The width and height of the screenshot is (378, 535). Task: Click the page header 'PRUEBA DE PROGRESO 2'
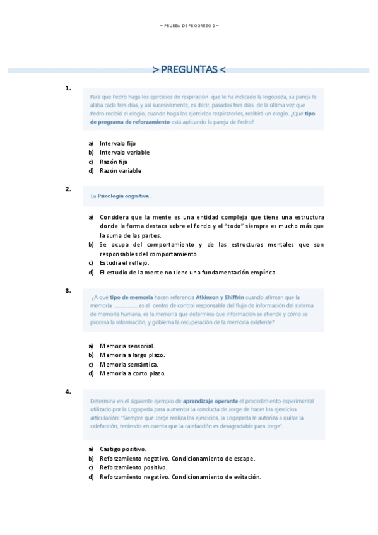189,25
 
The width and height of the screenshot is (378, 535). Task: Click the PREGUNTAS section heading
189,69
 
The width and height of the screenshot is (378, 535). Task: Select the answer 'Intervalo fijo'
117,143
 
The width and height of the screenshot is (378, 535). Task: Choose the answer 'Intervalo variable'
124,152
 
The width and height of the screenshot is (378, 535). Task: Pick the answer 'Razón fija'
114,162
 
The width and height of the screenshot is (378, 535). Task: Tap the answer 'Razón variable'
121,170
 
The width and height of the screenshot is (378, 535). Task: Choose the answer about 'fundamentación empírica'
188,273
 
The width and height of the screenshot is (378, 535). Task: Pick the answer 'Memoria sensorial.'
127,346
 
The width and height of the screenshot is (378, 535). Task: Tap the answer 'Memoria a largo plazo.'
132,355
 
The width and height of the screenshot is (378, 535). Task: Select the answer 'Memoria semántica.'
128,364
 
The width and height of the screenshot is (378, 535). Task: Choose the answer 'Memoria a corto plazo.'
133,373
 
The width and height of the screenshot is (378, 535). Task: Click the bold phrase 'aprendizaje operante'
210,401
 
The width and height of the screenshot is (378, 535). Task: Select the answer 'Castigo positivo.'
123,449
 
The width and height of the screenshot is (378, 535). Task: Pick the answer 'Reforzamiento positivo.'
134,467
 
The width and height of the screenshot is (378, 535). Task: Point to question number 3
68,290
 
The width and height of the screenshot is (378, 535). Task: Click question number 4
68,392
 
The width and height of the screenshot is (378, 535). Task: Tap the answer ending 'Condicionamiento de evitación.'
180,477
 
